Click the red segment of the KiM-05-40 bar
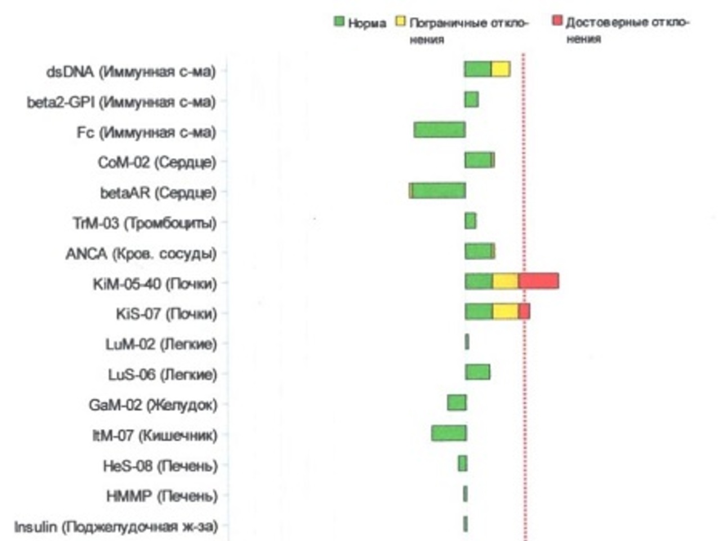[x=538, y=281]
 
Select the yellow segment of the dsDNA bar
[x=500, y=69]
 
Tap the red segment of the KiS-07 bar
[x=524, y=311]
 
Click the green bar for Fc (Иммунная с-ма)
[x=439, y=130]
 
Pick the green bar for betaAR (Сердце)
[x=439, y=190]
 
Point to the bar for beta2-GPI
[x=471, y=100]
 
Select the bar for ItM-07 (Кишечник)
[x=449, y=433]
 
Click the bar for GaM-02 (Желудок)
[x=457, y=402]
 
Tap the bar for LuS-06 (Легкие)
[x=478, y=372]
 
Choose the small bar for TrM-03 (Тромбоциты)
[x=470, y=221]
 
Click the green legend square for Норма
[x=339, y=22]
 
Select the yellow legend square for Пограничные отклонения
[x=400, y=22]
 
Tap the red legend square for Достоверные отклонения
[x=557, y=21]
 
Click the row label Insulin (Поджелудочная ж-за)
[x=115, y=527]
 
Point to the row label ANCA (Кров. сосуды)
[x=141, y=254]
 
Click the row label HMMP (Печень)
[x=162, y=496]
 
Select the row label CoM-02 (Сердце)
[x=157, y=162]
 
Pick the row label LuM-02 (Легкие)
[x=161, y=344]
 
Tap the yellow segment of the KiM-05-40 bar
[x=505, y=281]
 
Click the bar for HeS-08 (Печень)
[x=462, y=463]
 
